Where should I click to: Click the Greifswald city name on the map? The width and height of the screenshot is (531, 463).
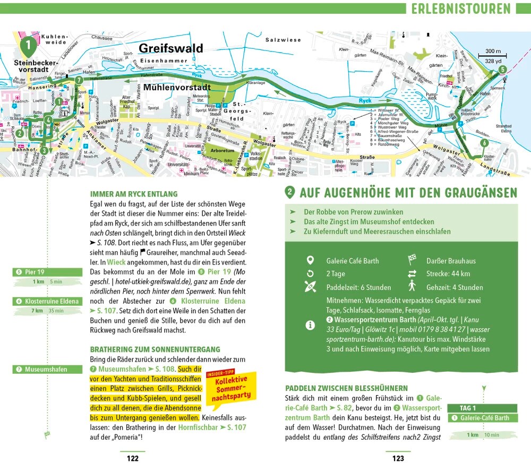pyautogui.click(x=170, y=48)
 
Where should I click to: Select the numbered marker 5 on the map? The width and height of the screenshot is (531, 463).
pyautogui.click(x=502, y=68)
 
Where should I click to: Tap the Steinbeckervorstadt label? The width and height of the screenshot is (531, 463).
pyautogui.click(x=31, y=66)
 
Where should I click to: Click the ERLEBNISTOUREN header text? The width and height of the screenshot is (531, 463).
pyautogui.click(x=460, y=8)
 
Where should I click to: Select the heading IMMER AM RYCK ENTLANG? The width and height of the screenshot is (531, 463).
pyautogui.click(x=134, y=194)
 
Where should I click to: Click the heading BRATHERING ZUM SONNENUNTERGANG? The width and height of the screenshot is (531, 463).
pyautogui.click(x=155, y=349)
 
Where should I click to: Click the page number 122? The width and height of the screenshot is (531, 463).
pyautogui.click(x=132, y=458)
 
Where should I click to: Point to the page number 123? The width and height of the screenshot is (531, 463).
pyautogui.click(x=398, y=458)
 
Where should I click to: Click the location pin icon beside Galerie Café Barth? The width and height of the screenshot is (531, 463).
pyautogui.click(x=311, y=261)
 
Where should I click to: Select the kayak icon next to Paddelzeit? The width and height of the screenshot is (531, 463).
pyautogui.click(x=311, y=288)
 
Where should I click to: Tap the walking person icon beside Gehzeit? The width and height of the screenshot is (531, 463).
pyautogui.click(x=412, y=287)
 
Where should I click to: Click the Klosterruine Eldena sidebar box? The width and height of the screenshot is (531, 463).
pyautogui.click(x=48, y=301)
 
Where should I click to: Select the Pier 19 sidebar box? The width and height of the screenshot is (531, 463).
pyautogui.click(x=48, y=272)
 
